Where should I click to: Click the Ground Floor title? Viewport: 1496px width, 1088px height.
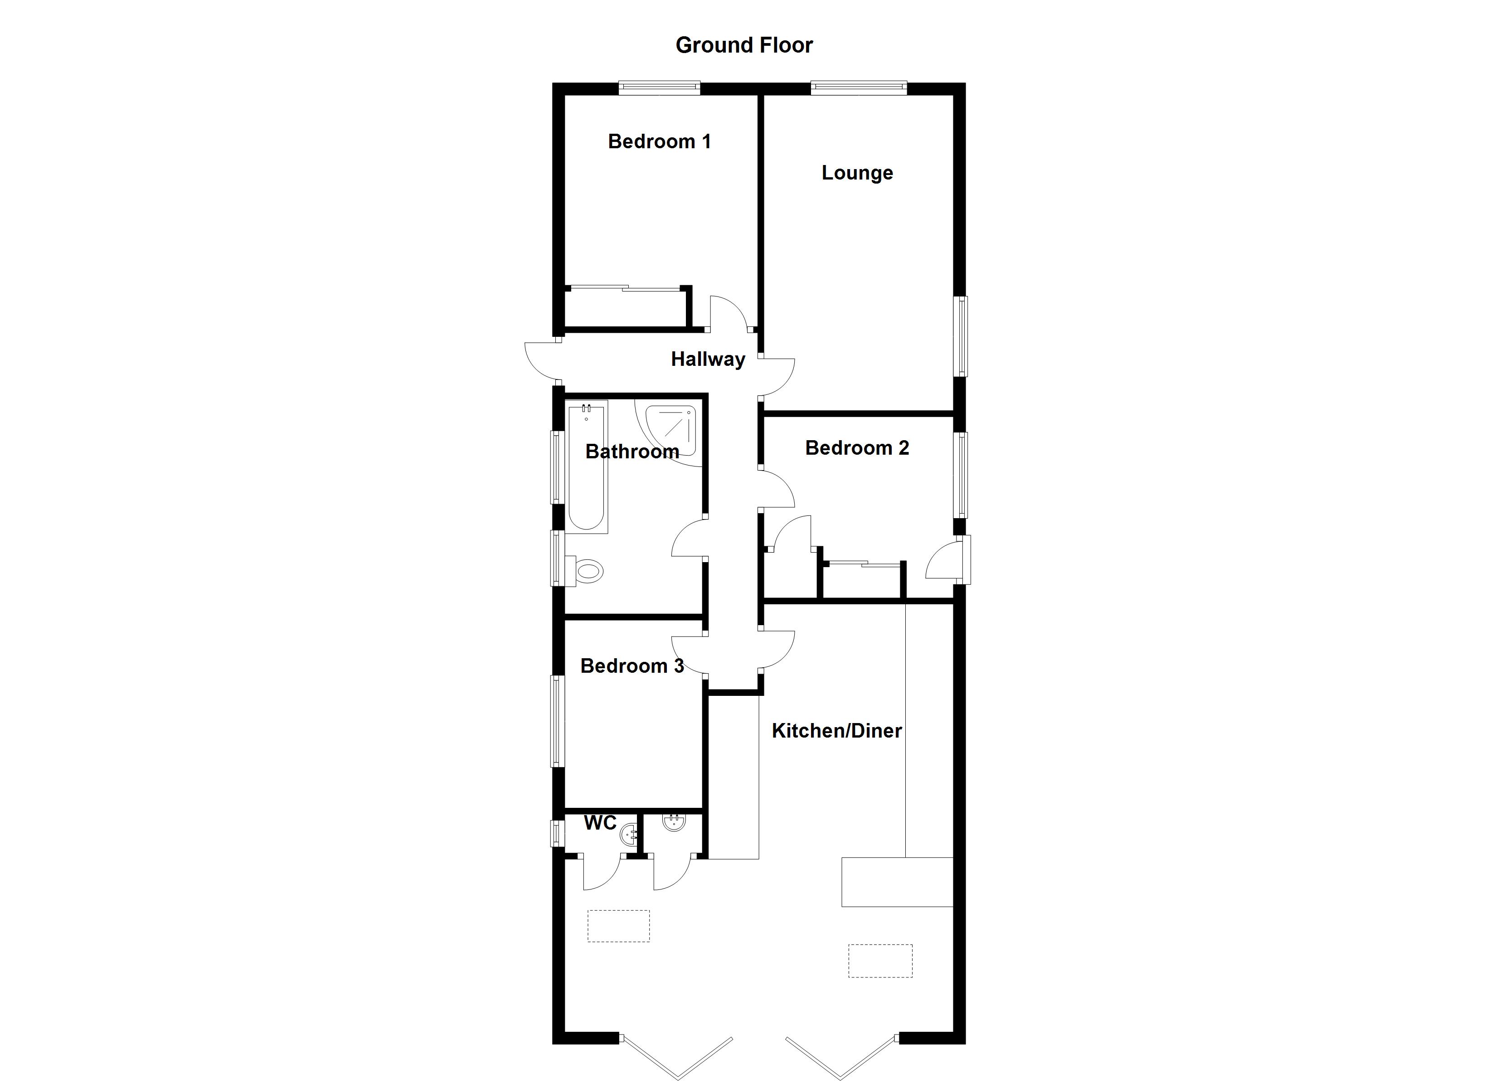tap(744, 45)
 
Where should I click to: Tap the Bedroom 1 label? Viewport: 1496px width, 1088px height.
tap(659, 141)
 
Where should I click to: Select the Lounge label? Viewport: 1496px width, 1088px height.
tap(857, 173)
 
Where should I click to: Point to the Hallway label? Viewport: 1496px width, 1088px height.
tap(708, 359)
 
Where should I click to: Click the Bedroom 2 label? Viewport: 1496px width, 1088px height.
tap(857, 448)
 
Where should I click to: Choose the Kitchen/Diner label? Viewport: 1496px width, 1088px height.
tap(836, 730)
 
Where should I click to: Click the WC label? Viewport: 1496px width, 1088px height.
tap(600, 823)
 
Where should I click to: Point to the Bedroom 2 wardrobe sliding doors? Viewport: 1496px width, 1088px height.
tap(863, 563)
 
